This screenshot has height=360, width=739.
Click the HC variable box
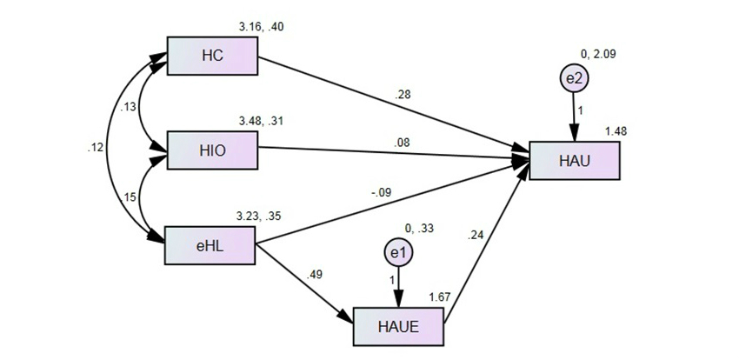coord(212,57)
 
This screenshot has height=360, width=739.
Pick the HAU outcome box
coord(574,159)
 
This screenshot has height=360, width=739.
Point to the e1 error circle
coord(399,253)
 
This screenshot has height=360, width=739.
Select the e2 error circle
coord(574,79)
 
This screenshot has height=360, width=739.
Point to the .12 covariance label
coord(95,148)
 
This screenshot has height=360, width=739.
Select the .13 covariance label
coord(127,107)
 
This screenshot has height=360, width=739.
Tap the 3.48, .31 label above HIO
coord(260,121)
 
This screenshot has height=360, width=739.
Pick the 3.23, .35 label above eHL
coord(260,216)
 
